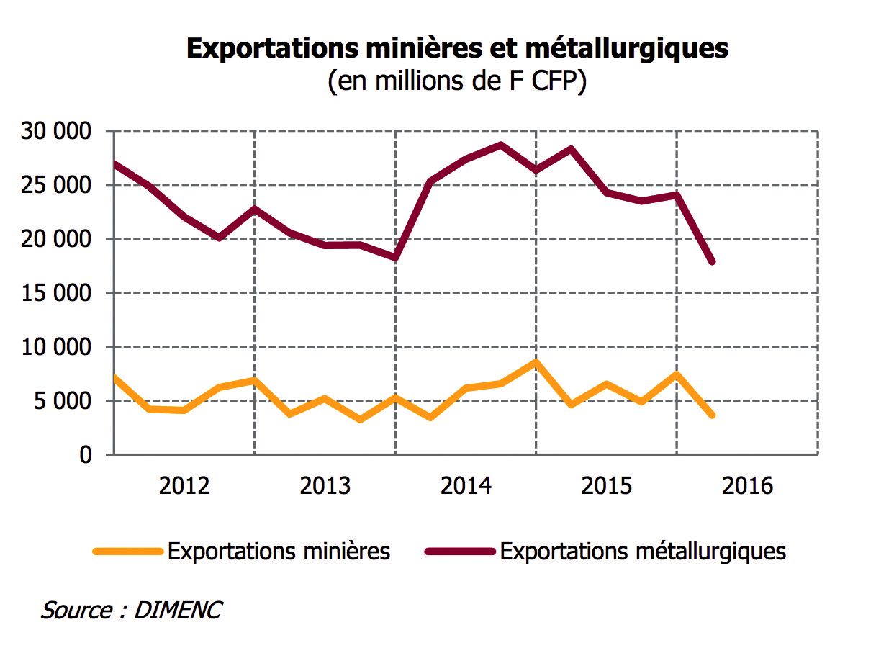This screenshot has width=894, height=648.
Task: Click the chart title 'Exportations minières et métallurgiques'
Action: pyautogui.click(x=457, y=48)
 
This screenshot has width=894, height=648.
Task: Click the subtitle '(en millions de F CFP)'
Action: pyautogui.click(x=457, y=81)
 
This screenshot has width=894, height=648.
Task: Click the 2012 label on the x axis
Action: pyautogui.click(x=184, y=486)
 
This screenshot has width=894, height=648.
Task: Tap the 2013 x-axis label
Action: pyautogui.click(x=325, y=486)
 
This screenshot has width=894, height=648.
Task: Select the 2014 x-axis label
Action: pyautogui.click(x=466, y=486)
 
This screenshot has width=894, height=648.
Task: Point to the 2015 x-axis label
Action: pyautogui.click(x=607, y=486)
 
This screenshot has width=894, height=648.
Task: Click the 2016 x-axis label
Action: pyautogui.click(x=747, y=486)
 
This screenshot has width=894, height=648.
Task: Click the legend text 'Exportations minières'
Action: pyautogui.click(x=279, y=552)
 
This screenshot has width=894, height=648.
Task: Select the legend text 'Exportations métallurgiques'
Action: pyautogui.click(x=643, y=552)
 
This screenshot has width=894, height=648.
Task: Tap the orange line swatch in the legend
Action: pyautogui.click(x=127, y=552)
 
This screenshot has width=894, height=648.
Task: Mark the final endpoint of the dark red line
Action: pyautogui.click(x=712, y=262)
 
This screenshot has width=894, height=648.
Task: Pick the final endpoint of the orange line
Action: pyautogui.click(x=712, y=415)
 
